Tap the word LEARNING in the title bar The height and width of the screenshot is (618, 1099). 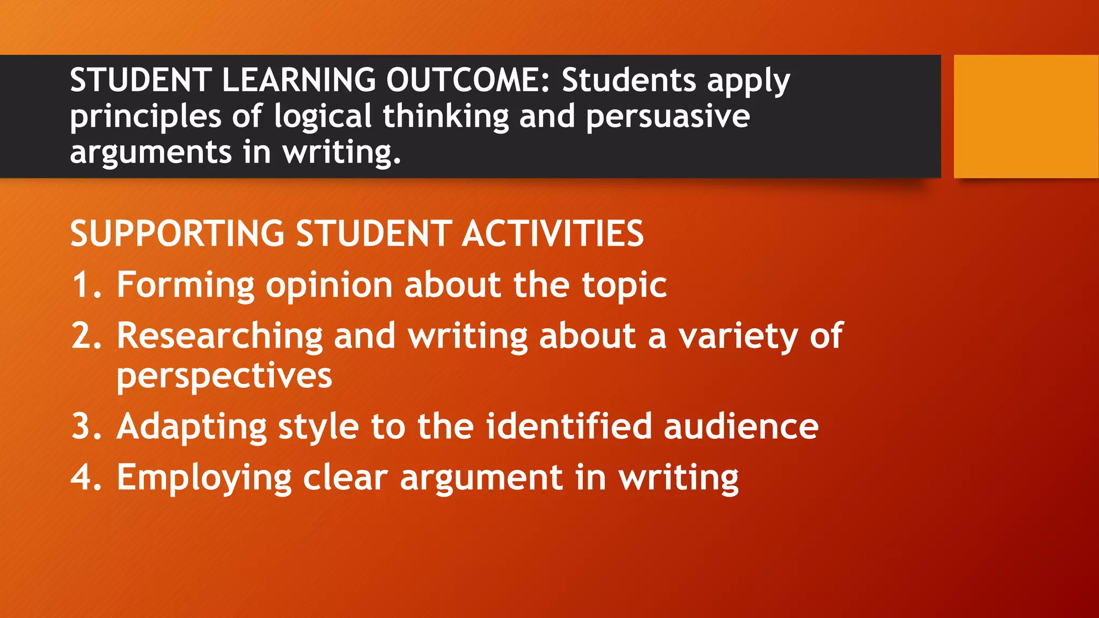pyautogui.click(x=299, y=80)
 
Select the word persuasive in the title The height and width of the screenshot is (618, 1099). pyautogui.click(x=668, y=117)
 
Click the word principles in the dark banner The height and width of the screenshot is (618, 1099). pyautogui.click(x=145, y=117)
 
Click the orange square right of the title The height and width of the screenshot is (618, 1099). pyautogui.click(x=1026, y=116)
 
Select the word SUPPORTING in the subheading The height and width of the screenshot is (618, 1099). pyautogui.click(x=177, y=234)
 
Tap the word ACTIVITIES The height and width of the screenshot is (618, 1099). pyautogui.click(x=553, y=234)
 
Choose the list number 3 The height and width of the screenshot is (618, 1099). pyautogui.click(x=86, y=426)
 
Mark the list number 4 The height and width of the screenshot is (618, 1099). pyautogui.click(x=86, y=477)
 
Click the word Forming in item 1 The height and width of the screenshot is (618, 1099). pyautogui.click(x=185, y=285)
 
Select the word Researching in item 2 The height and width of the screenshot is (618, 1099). pyautogui.click(x=219, y=336)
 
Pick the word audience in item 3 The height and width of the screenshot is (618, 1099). pyautogui.click(x=741, y=426)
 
